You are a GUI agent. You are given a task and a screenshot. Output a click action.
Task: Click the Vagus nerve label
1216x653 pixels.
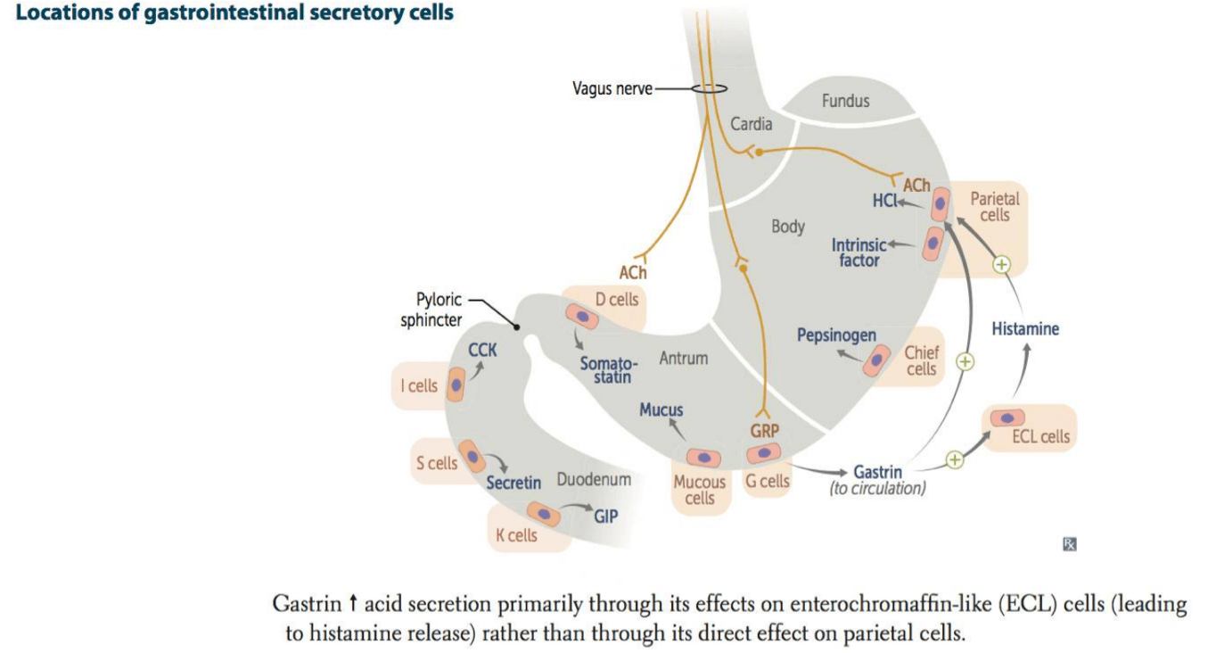pos(612,89)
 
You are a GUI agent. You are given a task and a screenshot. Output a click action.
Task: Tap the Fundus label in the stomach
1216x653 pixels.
pos(845,101)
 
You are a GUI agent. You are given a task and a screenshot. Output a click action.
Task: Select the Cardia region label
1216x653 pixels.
pos(752,124)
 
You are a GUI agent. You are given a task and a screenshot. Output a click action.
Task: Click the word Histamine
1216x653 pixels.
pos(1025,329)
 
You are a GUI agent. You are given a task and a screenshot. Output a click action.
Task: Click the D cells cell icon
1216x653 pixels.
pos(581,315)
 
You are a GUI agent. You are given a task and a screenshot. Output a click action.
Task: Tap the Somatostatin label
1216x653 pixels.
pos(609,370)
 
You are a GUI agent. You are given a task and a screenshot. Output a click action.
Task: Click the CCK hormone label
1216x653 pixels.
pos(482,351)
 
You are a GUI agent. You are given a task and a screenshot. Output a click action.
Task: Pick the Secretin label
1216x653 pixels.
pos(514,483)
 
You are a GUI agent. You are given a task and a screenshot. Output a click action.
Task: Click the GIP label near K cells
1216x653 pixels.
pos(606,516)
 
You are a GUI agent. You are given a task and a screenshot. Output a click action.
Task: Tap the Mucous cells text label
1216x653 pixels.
pos(700,491)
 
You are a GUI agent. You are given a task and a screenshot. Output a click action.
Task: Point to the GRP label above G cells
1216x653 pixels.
pos(764,431)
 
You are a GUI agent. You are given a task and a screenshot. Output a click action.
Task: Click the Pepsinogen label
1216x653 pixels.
pos(836,335)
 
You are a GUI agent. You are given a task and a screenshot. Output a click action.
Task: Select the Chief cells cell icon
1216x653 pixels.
pos(877,360)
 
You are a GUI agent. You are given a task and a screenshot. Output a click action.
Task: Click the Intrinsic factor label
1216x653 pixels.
pos(859,252)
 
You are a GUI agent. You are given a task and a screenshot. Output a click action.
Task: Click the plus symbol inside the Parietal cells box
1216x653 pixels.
pos(1001,264)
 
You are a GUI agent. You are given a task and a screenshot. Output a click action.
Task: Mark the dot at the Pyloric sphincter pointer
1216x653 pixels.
pos(516,327)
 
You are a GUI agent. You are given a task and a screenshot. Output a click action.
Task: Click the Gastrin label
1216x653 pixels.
pos(877,472)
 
